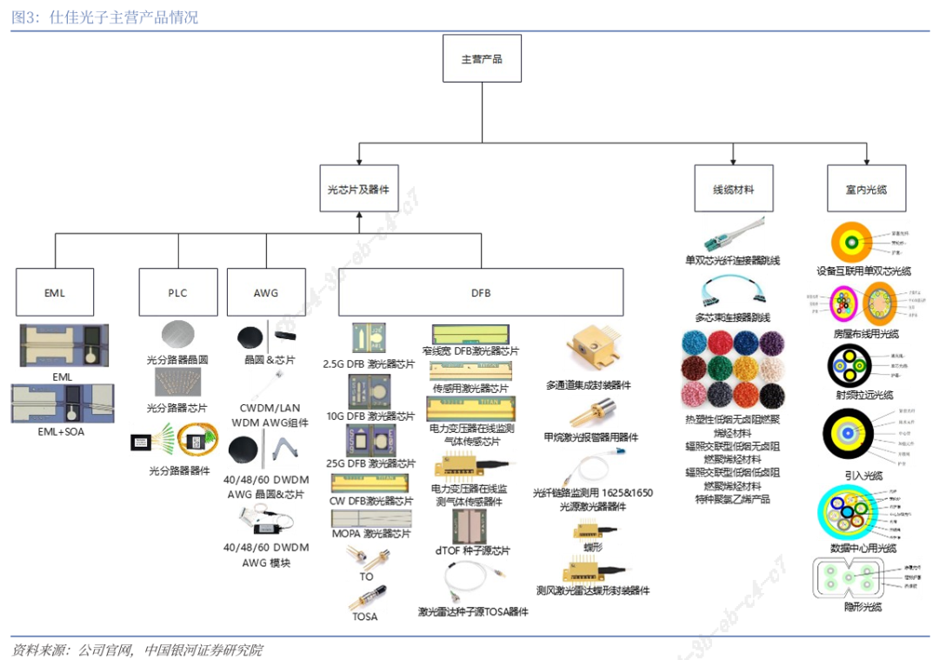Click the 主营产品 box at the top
pos(482,58)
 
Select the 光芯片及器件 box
pos(358,189)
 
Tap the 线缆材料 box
pos(734,189)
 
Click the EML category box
pos(55,292)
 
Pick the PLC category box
pos(177,292)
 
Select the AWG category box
pos(266,292)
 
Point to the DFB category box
pos(481,292)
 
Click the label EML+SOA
pos(62,431)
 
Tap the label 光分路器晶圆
pos(177,359)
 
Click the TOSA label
pos(366,617)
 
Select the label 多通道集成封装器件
pos(589,384)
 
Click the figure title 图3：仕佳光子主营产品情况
pos(104,17)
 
